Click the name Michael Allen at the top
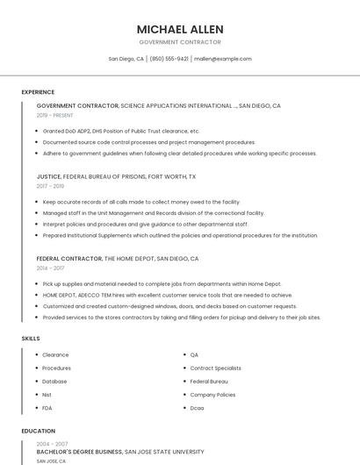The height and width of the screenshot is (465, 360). tap(180, 29)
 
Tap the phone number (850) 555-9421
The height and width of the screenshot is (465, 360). tap(169, 59)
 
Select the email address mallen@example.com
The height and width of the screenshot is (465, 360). tap(223, 59)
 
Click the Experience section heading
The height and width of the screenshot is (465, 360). tap(38, 92)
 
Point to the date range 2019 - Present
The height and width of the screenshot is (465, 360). tap(54, 115)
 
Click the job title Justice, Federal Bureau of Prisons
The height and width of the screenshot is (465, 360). tap(116, 176)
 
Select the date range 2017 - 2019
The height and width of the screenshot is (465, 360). tap(50, 186)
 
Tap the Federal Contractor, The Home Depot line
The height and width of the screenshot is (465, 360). tap(118, 259)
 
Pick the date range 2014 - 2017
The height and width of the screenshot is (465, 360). tap(50, 268)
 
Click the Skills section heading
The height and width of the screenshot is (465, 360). tap(30, 338)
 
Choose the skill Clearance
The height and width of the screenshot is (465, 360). tap(55, 354)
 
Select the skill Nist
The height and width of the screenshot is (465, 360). tap(47, 395)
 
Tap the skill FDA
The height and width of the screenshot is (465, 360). tap(47, 408)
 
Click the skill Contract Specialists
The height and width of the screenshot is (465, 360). tap(215, 368)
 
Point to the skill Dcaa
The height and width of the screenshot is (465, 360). tap(198, 408)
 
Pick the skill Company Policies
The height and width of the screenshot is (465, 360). tap(212, 395)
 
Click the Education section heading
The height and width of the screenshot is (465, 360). tap(38, 431)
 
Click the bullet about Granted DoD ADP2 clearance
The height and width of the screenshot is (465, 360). tap(122, 131)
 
